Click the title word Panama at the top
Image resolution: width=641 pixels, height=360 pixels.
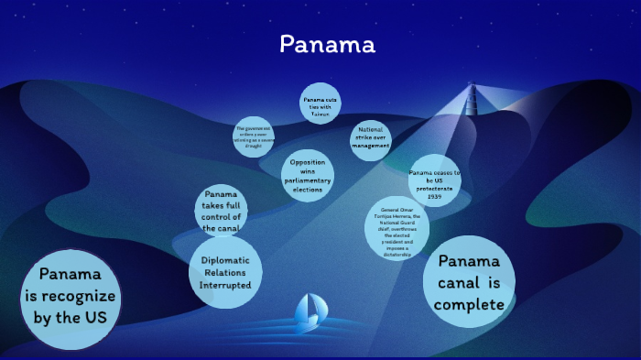pyautogui.click(x=327, y=44)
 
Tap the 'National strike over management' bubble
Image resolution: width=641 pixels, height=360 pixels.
pyautogui.click(x=371, y=138)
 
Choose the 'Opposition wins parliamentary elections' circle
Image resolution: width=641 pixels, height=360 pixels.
pyautogui.click(x=308, y=175)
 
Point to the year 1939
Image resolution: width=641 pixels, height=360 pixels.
pyautogui.click(x=434, y=195)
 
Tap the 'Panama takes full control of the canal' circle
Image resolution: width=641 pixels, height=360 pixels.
pyautogui.click(x=221, y=211)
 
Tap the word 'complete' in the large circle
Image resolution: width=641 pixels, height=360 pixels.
pyautogui.click(x=470, y=304)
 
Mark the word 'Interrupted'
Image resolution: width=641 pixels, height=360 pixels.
pyautogui.click(x=225, y=286)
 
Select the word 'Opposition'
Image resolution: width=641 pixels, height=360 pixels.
pyautogui.click(x=308, y=162)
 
